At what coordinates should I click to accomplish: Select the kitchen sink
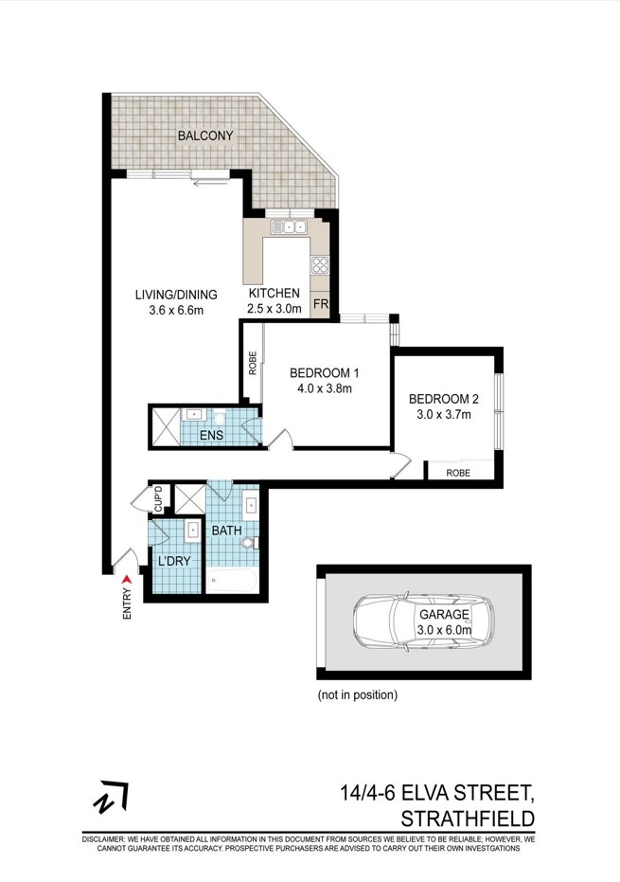coord(289,226)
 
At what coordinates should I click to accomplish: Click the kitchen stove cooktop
coord(320,263)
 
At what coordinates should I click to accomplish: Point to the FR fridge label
coord(320,304)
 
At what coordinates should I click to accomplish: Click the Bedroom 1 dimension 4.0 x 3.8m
coord(325,388)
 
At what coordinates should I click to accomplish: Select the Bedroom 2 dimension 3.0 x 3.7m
coord(444,415)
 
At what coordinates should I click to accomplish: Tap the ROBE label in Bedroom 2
coord(458,473)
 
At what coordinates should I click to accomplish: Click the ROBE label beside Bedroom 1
coord(253,363)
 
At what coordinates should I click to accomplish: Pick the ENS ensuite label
coord(211,435)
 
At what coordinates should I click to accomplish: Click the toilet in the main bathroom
coord(249,543)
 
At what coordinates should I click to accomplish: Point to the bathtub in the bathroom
coord(232,580)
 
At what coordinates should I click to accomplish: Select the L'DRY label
coord(174,561)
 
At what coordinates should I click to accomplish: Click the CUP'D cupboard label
coord(158,499)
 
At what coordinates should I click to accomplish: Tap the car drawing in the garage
coord(424,622)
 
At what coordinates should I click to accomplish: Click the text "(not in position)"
coord(358,694)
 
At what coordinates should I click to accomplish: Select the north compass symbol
coord(111,797)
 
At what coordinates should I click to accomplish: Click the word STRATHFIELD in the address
coord(469,818)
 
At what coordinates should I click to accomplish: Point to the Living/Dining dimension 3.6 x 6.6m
coord(176,310)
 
